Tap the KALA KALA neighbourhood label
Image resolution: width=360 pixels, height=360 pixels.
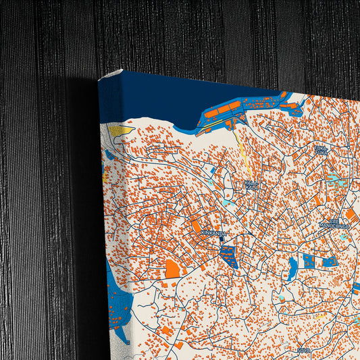pyautogui.click(x=252, y=184)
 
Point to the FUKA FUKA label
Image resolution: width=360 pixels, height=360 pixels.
pyautogui.click(x=321, y=150)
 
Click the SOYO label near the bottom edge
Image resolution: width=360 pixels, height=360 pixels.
pyautogui.click(x=303, y=350)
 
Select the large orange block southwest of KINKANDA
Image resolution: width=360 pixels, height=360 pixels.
pyautogui.click(x=173, y=269)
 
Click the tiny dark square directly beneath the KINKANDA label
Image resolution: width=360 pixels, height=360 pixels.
pyautogui.click(x=221, y=239)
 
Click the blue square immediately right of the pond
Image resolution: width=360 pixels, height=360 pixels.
pyautogui.click(x=309, y=261)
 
